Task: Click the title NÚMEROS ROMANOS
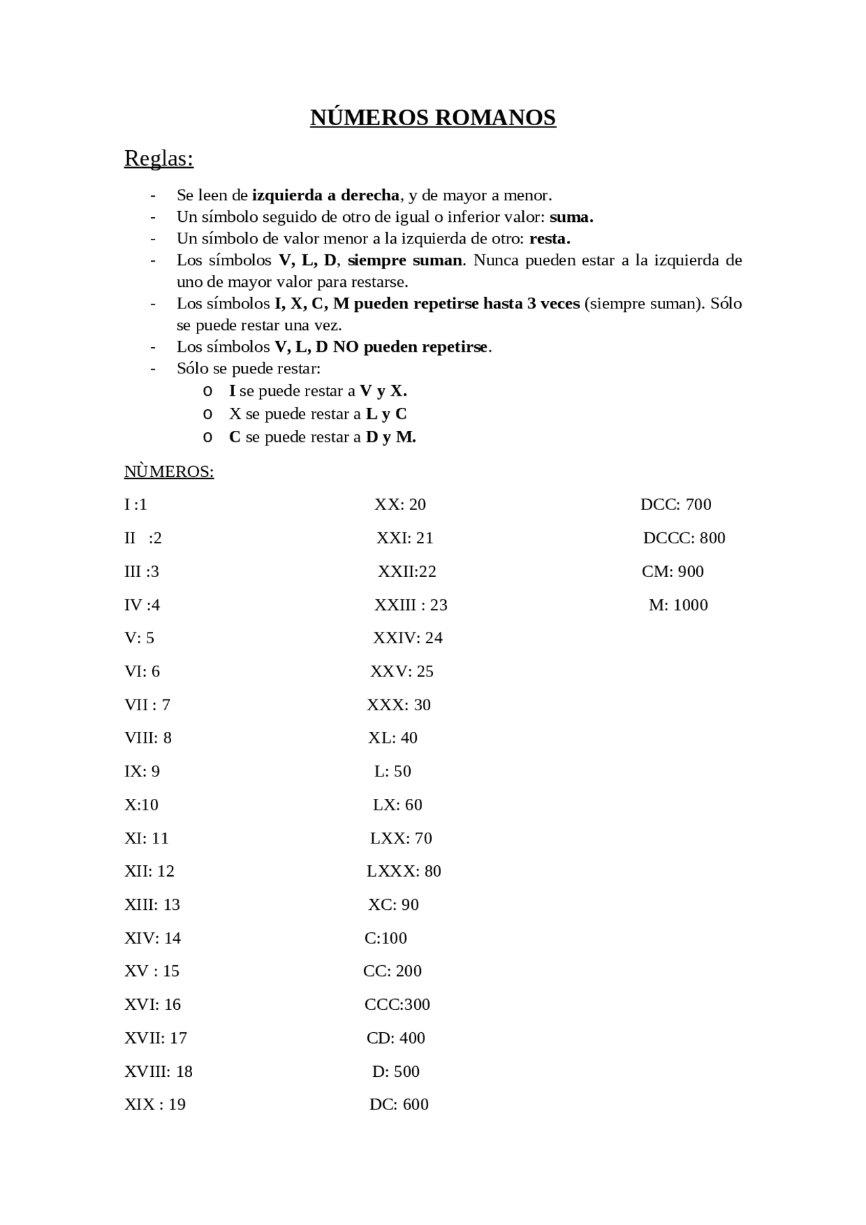pos(433,118)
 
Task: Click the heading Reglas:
pos(159,158)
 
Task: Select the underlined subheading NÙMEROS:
pos(169,471)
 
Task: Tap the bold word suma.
pos(571,217)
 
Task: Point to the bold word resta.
pos(549,239)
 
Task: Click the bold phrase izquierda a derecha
pos(325,195)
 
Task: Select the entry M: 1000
pos(678,605)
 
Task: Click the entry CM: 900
pos(673,572)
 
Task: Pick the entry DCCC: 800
pos(684,538)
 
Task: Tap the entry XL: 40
pos(392,738)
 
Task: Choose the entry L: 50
pos(392,771)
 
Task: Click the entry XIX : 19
pos(155,1105)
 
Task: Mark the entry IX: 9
pos(142,771)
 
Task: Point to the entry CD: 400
pos(396,1038)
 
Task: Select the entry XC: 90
pos(393,904)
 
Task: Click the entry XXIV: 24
pos(407,638)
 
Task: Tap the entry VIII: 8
pos(148,738)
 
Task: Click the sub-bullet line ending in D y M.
pos(322,437)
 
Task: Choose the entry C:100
pos(386,938)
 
